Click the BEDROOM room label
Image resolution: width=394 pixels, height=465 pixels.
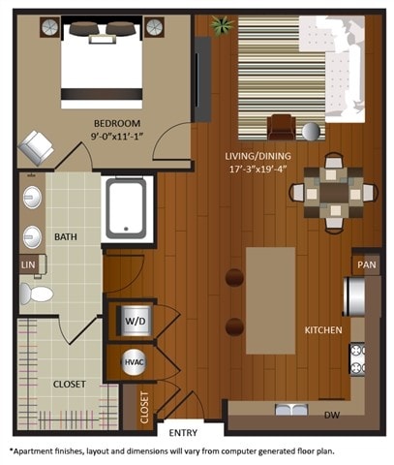tap(117, 123)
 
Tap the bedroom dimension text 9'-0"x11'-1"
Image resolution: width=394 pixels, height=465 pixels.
tap(117, 137)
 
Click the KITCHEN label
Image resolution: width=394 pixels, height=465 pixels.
tap(322, 330)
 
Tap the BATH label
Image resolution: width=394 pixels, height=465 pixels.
tap(66, 235)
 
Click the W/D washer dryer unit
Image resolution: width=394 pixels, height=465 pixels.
tap(132, 320)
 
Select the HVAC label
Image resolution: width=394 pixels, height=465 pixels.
tap(133, 361)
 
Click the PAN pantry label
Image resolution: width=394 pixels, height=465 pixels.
tap(366, 263)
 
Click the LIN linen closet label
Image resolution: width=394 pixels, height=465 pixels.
tap(27, 263)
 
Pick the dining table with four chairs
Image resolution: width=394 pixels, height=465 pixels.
tap(333, 192)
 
